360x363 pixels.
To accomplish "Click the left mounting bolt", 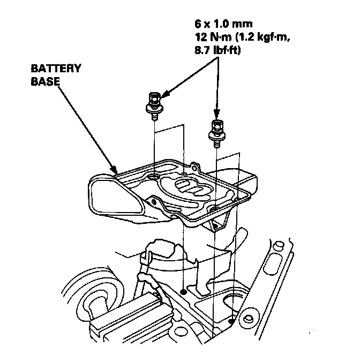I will (154, 104).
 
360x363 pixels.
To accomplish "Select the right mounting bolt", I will (216, 130).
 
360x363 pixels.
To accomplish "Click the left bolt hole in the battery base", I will (154, 177).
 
